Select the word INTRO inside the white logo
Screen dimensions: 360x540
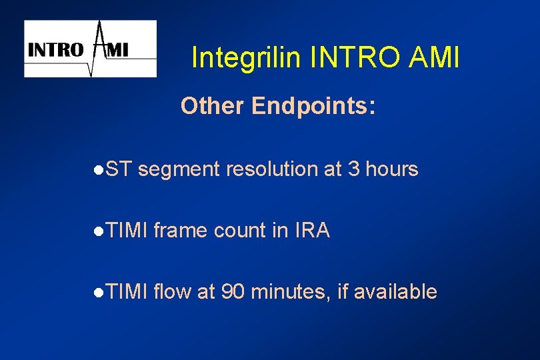[x=55, y=49]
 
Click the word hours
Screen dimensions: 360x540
[x=392, y=170]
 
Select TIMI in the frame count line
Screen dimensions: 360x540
[x=127, y=231]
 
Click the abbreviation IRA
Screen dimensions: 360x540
[x=311, y=231]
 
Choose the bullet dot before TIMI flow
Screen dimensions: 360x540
[x=98, y=293]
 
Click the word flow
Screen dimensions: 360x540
[x=173, y=292]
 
